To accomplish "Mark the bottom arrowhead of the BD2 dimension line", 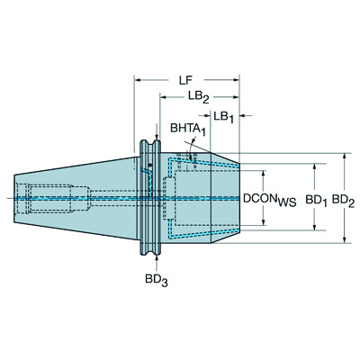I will pyautogui.click(x=345, y=240).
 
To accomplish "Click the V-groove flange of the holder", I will pyautogui.click(x=154, y=196).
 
